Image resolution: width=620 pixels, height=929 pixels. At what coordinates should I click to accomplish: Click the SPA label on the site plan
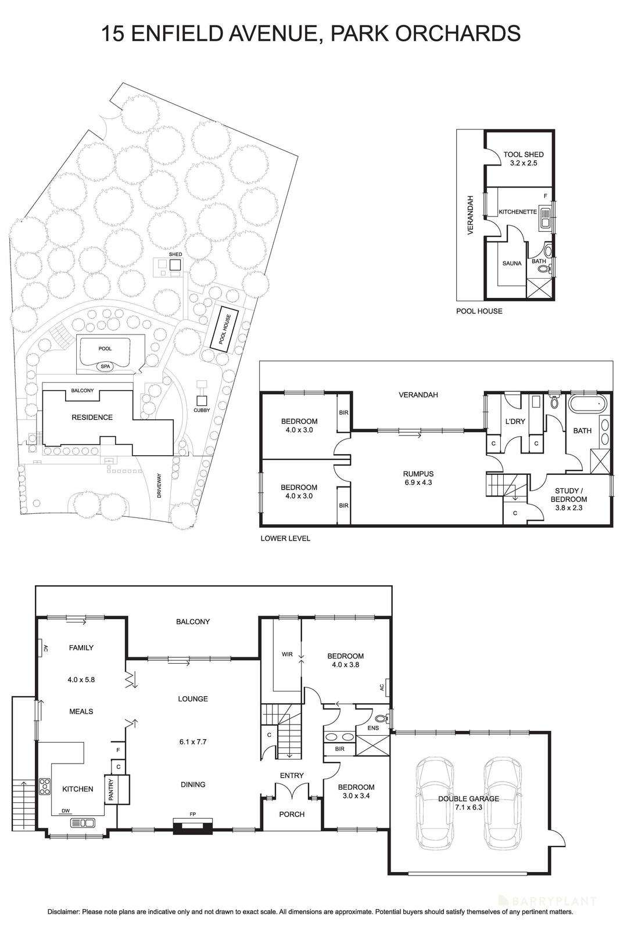[x=105, y=366]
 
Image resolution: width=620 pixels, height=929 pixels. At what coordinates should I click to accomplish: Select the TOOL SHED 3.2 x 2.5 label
[x=524, y=159]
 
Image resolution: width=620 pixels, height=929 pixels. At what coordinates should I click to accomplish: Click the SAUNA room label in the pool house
[x=512, y=263]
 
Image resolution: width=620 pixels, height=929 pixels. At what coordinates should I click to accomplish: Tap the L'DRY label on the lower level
[x=516, y=422]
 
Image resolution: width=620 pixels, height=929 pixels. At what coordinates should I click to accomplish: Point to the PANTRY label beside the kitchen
[x=111, y=790]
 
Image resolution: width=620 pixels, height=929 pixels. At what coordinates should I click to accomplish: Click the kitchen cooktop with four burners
[x=45, y=786]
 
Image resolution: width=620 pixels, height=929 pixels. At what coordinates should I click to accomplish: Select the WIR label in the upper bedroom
[x=287, y=654]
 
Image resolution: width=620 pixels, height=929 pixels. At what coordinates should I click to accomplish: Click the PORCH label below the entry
[x=292, y=814]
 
